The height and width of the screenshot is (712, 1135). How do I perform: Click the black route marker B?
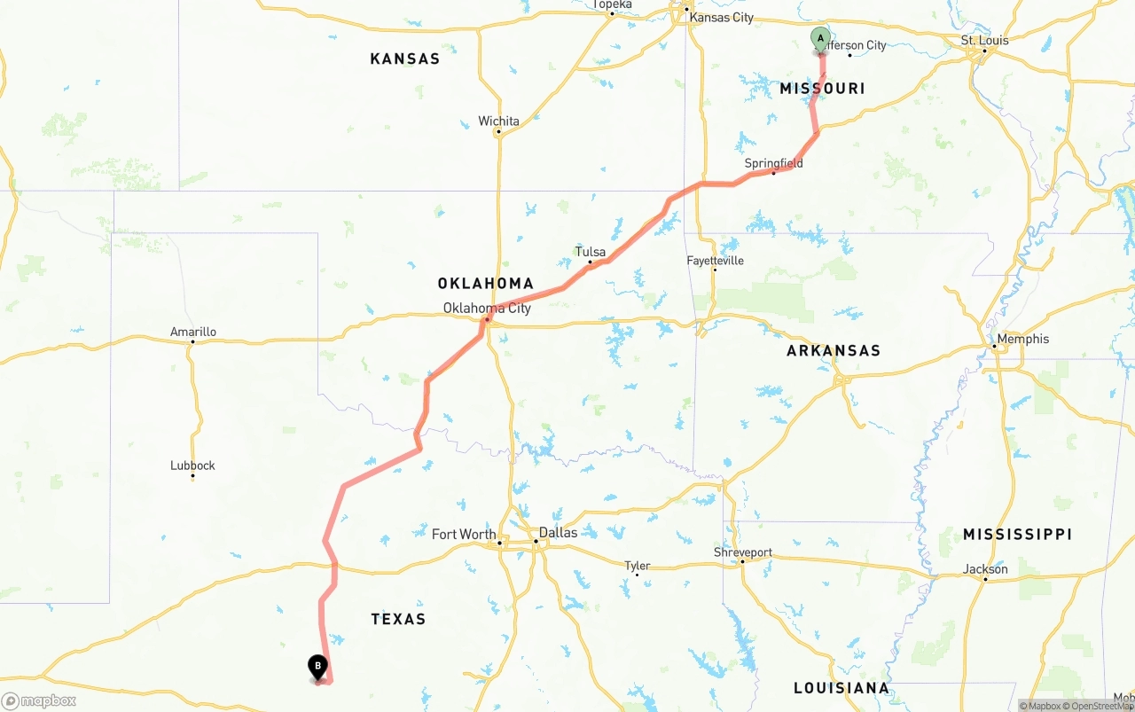tap(317, 667)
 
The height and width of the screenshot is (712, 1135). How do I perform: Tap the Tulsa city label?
tap(590, 252)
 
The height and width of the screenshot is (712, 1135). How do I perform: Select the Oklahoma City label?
tap(487, 309)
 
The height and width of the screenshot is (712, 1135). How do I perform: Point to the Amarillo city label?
tap(192, 333)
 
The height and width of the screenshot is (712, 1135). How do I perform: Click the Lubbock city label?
tap(192, 466)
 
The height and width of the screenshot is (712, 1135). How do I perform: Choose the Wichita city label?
tap(498, 121)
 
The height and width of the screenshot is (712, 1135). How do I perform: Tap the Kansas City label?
tap(721, 18)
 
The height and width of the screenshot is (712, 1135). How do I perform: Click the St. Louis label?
tap(984, 41)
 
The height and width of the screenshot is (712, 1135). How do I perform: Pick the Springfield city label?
tap(773, 163)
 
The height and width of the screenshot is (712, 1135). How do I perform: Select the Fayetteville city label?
tap(715, 261)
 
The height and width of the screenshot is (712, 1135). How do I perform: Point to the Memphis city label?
tap(1022, 339)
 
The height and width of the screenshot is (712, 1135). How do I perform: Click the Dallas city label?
tap(558, 533)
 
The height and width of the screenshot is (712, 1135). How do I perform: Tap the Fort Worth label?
tap(464, 534)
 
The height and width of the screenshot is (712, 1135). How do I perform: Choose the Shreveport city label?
tap(743, 552)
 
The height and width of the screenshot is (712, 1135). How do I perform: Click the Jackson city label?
tap(986, 569)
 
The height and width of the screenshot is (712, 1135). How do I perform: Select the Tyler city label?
tap(637, 566)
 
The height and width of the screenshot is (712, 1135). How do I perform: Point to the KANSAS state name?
tap(404, 59)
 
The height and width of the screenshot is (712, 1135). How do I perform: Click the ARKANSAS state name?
tap(833, 351)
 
